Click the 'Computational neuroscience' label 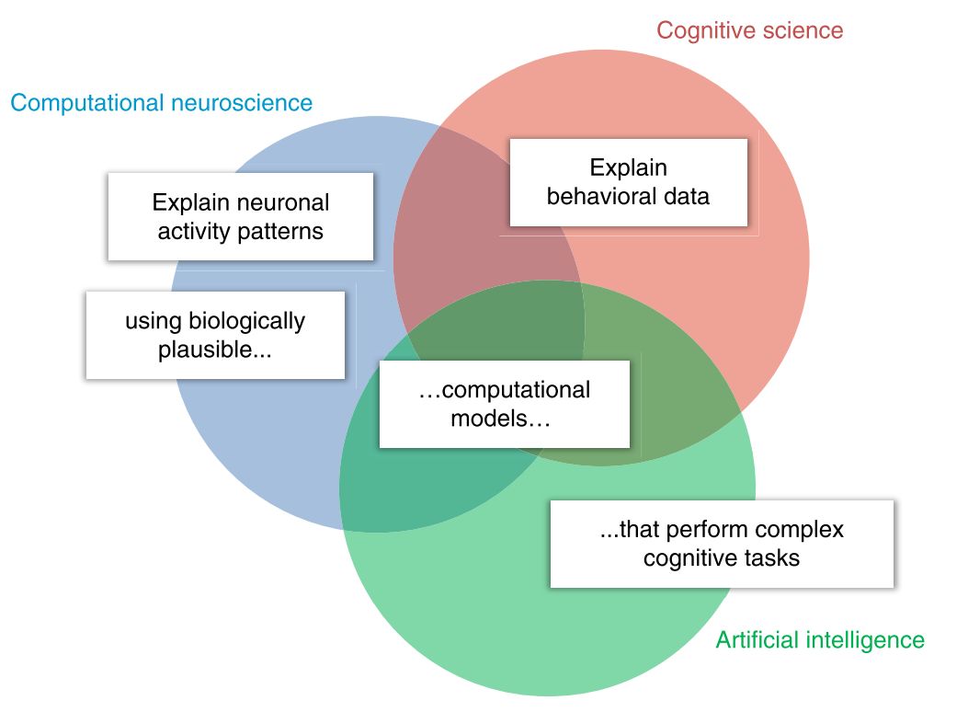click(162, 102)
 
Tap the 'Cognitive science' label click(749, 30)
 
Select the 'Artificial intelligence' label click(820, 639)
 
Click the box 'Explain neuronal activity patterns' click(241, 216)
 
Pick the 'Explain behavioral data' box click(629, 182)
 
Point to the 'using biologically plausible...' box click(215, 336)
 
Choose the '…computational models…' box click(504, 404)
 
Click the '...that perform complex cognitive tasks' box click(722, 544)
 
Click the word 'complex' click(803, 530)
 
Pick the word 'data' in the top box click(688, 196)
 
